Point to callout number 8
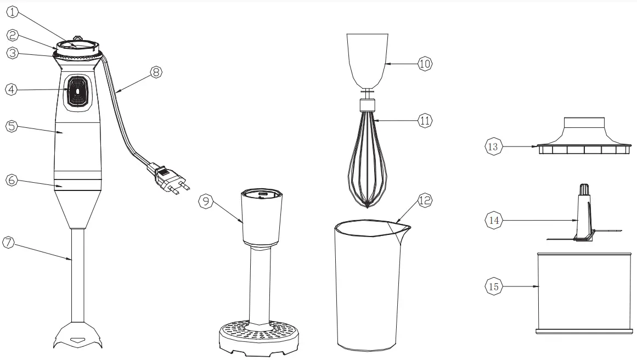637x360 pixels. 156,72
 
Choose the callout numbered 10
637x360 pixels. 425,64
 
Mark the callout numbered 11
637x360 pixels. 425,121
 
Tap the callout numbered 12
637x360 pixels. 425,201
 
